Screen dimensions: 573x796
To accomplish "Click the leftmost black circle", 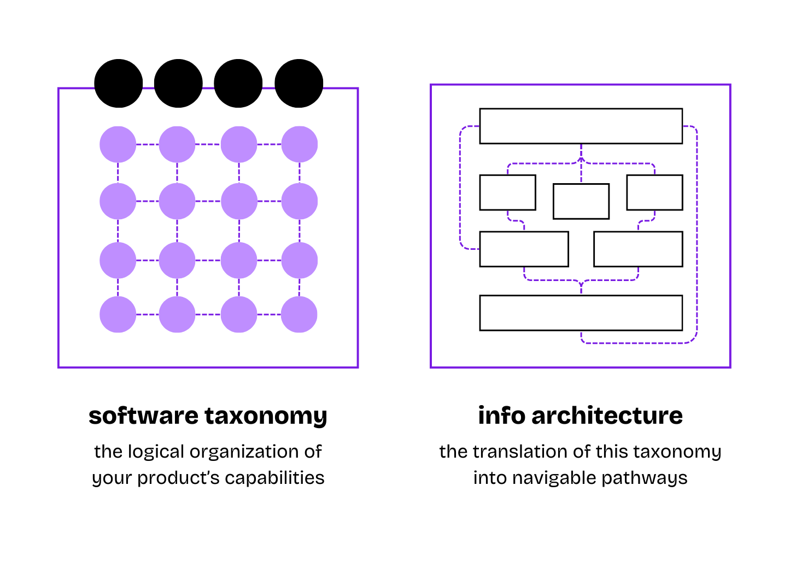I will click(119, 83).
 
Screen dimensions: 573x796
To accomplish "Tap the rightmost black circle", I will click(298, 83).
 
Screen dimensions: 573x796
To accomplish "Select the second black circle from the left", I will click(178, 83).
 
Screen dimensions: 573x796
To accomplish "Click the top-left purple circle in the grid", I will click(118, 144).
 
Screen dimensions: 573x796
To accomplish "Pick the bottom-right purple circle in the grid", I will click(299, 314).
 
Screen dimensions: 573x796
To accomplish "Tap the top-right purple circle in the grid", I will click(299, 144).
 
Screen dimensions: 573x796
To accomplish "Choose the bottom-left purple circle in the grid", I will click(118, 314).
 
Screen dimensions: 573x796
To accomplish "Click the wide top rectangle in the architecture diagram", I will click(581, 126).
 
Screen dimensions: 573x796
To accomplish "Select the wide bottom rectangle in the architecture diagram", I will click(581, 313).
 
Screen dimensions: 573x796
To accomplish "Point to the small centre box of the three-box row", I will click(581, 201).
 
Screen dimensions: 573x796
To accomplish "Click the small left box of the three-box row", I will click(507, 192).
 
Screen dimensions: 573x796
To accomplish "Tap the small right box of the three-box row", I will click(654, 192).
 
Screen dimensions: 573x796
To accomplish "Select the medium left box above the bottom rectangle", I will click(524, 249).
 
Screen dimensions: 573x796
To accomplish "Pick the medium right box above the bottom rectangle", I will click(638, 249).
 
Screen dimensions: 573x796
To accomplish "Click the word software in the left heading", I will click(144, 416).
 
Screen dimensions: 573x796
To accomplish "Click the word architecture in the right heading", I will click(607, 416).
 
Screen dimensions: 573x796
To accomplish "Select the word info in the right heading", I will click(501, 416).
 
